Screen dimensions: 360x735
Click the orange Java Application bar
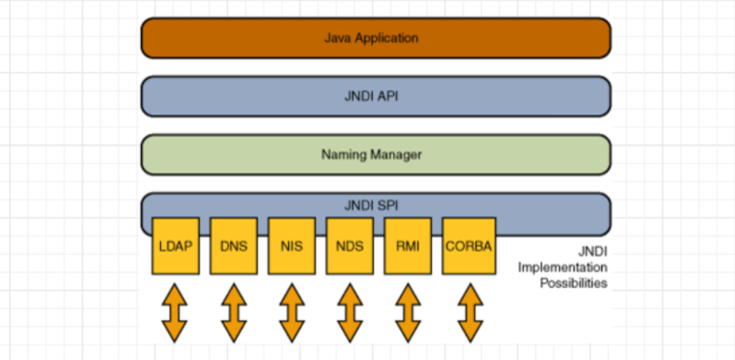(x=376, y=38)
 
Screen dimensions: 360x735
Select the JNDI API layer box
(x=376, y=97)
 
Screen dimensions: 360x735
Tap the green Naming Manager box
(x=376, y=155)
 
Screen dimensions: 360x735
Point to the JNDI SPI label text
(x=371, y=206)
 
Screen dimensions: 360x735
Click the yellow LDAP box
(x=176, y=246)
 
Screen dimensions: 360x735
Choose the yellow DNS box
(x=234, y=246)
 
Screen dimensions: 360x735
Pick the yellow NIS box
(x=292, y=246)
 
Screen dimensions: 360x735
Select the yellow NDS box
(x=350, y=246)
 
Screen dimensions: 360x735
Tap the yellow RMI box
(x=408, y=246)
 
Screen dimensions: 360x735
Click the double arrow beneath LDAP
(x=175, y=313)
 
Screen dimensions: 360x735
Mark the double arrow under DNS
(x=233, y=313)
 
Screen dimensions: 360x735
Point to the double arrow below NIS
(x=292, y=313)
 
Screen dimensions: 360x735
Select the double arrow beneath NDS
(x=350, y=313)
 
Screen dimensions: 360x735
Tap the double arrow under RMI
(x=408, y=313)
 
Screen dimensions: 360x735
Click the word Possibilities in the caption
(x=573, y=283)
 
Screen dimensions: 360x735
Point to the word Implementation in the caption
(x=562, y=267)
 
